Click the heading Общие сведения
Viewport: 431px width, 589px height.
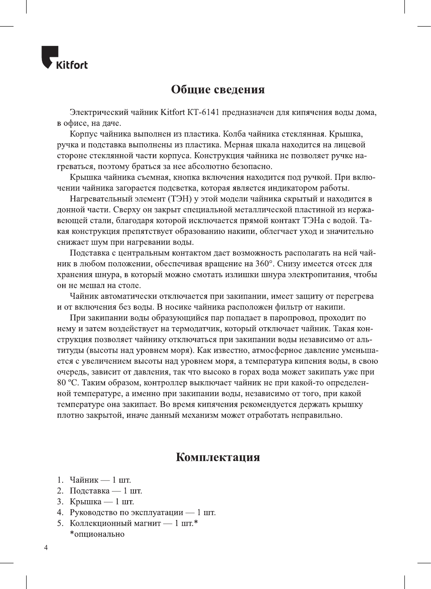click(x=218, y=89)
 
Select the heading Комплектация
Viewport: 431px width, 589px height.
click(x=218, y=457)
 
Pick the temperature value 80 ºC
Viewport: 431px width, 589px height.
click(x=67, y=383)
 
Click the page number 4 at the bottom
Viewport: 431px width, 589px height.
click(x=46, y=548)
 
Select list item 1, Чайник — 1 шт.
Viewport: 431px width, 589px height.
click(x=100, y=480)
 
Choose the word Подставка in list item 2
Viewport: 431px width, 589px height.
click(x=89, y=491)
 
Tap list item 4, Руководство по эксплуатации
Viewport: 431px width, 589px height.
click(x=126, y=512)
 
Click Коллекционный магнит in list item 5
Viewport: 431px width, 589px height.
click(x=115, y=523)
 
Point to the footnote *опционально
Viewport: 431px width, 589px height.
click(x=97, y=534)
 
